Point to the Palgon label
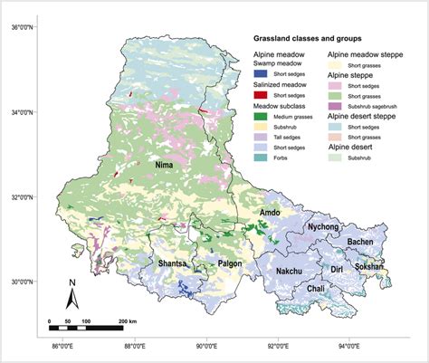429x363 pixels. [x=231, y=263]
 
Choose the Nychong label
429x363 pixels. [x=323, y=226]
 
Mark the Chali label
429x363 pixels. [x=316, y=289]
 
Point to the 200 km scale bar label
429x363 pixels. [x=126, y=321]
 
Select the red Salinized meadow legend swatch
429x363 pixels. [x=261, y=94]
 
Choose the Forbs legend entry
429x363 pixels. [x=261, y=157]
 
